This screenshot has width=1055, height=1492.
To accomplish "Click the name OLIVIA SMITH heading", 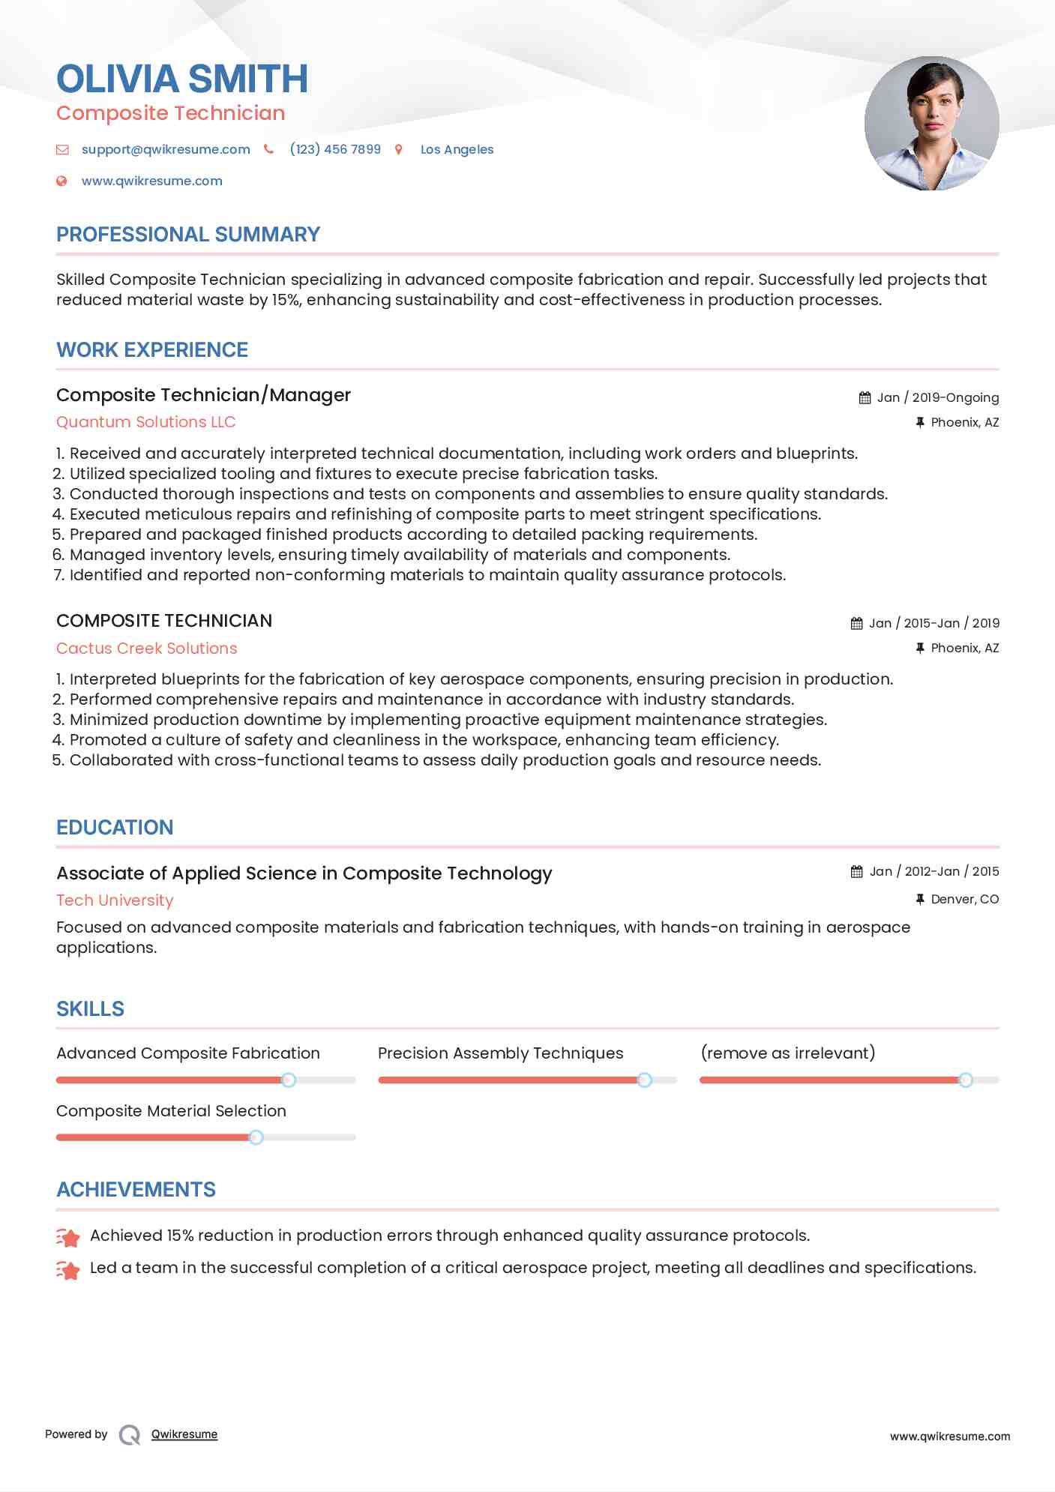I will pos(182,79).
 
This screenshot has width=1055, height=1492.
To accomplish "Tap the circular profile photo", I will pos(931,124).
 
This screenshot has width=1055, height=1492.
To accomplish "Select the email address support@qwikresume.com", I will pos(166,149).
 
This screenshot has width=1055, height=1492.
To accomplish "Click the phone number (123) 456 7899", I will pos(335,149).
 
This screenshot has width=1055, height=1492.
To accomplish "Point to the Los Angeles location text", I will pos(457,149).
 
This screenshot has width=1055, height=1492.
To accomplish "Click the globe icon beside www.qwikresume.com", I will pos(62,181).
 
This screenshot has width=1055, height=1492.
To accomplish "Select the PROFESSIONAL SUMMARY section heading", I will pos(188,235).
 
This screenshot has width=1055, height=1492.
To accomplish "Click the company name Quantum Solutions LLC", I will pos(146,422).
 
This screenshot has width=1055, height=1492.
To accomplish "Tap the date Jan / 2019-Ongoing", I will pos(937,397).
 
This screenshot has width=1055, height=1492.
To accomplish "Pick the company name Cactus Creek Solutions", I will pos(147,649).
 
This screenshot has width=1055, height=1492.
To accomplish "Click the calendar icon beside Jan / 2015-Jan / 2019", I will pos(856,623).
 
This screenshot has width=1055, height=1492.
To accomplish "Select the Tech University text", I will pos(115,900).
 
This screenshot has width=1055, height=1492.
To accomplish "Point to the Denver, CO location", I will pos(964,899).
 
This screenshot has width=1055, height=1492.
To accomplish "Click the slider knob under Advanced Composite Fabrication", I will pos(289,1080).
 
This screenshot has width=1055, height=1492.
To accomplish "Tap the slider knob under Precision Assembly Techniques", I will pos(645,1080).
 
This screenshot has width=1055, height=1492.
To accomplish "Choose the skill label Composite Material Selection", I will pos(171,1111).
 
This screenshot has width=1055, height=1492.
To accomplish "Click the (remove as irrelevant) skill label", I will pos(788,1053).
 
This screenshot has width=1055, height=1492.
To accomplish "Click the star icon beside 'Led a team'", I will pos(68,1269).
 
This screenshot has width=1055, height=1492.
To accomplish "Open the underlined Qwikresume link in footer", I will pos(184,1434).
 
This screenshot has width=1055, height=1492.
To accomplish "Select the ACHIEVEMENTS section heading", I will pos(136,1190).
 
